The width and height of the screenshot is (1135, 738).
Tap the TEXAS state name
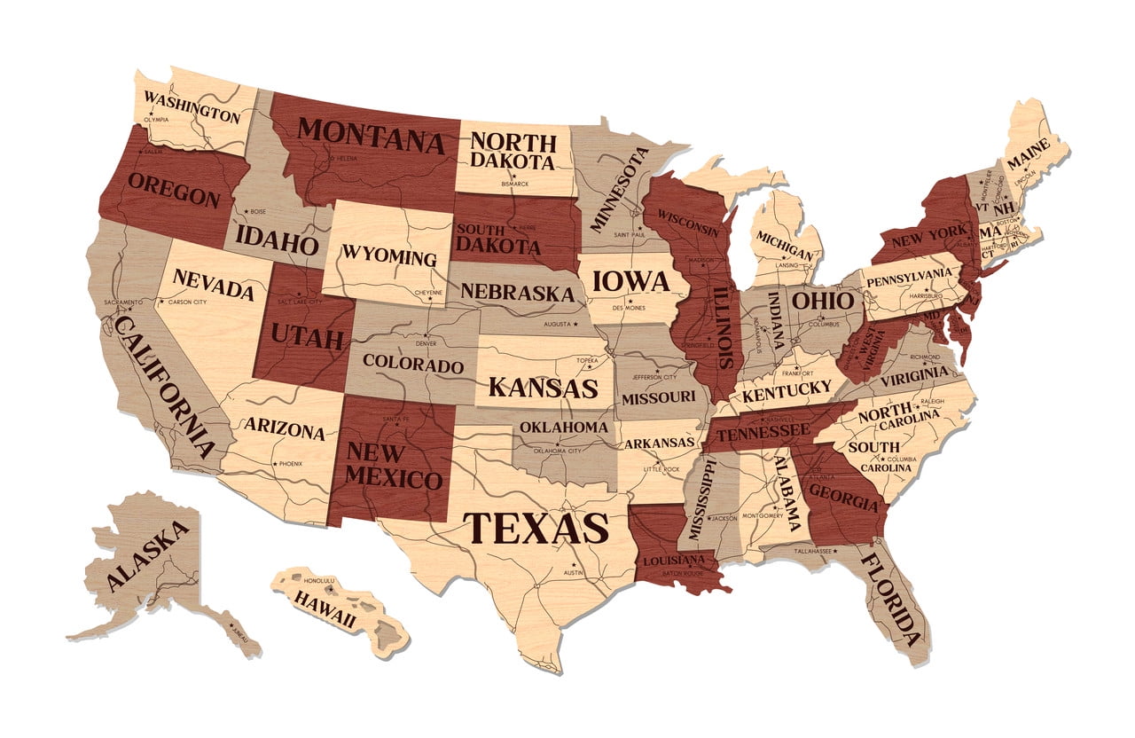(535, 526)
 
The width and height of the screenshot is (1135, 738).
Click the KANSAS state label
(543, 388)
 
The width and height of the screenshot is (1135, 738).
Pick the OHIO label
(822, 301)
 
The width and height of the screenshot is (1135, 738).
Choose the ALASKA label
(149, 557)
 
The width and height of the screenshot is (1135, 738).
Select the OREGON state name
(174, 189)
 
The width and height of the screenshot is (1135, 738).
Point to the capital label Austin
(575, 574)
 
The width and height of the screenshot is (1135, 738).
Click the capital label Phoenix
(290, 464)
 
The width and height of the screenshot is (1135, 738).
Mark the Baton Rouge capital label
(684, 573)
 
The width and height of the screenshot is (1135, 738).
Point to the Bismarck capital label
(514, 184)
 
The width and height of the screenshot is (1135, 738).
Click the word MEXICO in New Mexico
(393, 479)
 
